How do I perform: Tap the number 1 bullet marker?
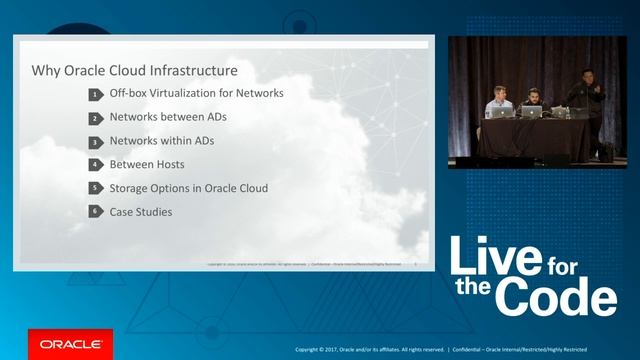[96, 94]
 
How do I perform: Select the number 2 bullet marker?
[96, 118]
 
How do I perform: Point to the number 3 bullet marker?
[96, 141]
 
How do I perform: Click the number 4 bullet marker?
[96, 164]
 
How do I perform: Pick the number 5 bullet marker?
[96, 188]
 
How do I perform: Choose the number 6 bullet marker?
[96, 212]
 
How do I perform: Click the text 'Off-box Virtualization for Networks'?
[197, 93]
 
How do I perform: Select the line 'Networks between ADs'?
[169, 117]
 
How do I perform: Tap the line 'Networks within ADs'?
[162, 141]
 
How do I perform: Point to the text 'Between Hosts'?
[147, 164]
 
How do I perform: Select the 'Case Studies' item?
[141, 212]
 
